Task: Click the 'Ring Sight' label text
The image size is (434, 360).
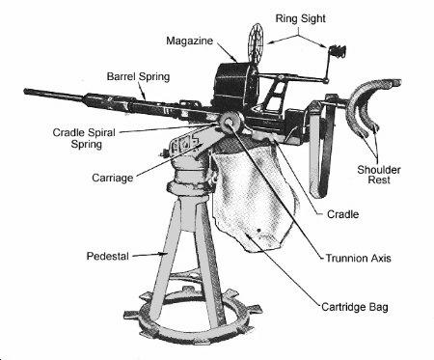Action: click(300, 19)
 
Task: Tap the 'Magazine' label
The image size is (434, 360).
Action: click(190, 41)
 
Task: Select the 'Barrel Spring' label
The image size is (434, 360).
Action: click(138, 77)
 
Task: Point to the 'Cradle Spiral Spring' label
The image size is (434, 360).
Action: click(84, 138)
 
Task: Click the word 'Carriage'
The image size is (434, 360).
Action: click(113, 179)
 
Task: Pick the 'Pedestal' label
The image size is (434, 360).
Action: click(108, 257)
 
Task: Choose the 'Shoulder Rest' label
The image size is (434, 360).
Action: click(379, 175)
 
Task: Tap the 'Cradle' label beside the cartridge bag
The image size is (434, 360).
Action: click(342, 214)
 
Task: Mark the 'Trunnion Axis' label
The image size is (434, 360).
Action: click(359, 259)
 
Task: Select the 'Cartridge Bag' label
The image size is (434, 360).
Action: click(355, 307)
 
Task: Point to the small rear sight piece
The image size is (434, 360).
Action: click(338, 51)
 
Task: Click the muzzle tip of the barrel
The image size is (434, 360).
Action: click(26, 92)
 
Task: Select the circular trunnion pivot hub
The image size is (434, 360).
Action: click(231, 122)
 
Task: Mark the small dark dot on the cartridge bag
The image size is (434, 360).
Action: click(259, 231)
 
